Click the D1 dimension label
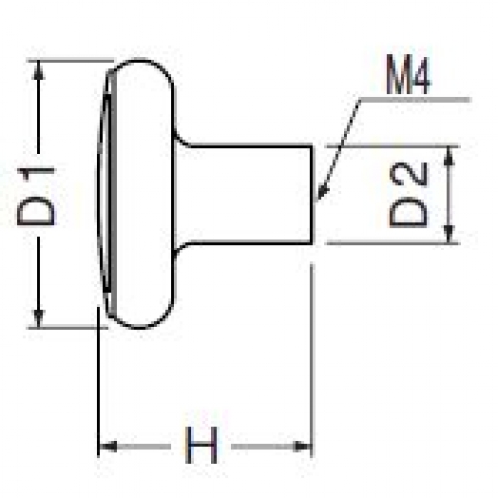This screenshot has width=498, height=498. point(36,197)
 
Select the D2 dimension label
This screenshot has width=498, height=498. point(408,195)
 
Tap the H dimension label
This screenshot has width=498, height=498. point(201,445)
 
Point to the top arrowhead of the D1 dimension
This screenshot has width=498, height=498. point(39,70)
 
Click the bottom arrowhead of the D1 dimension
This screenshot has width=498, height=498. point(39,318)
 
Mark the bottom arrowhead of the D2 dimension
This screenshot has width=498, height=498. point(449,234)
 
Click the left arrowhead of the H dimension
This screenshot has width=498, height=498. point(108,446)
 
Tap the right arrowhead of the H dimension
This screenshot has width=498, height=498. point(302,446)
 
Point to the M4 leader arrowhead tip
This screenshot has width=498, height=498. point(316,201)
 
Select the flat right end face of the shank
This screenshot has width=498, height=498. point(312,195)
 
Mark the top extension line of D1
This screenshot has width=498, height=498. point(71,61)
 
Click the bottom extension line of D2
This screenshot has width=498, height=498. point(393,243)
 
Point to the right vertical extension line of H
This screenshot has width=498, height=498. point(311,360)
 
